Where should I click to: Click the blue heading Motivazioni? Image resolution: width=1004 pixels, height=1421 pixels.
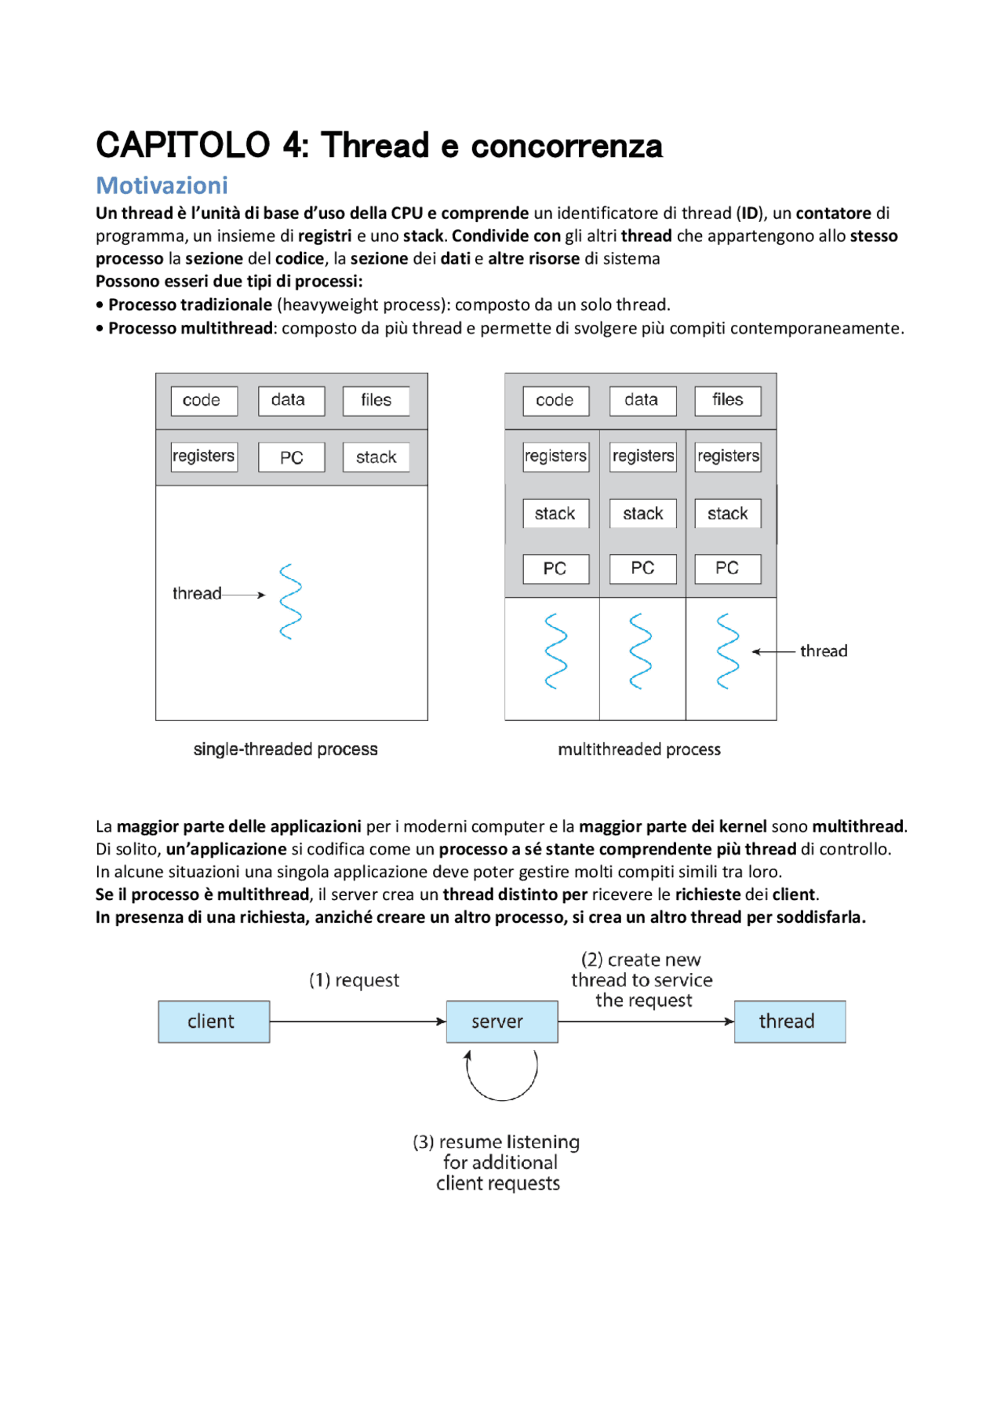click(x=162, y=185)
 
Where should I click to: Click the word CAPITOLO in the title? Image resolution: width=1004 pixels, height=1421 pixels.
click(x=183, y=146)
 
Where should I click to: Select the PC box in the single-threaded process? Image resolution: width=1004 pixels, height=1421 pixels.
click(x=291, y=457)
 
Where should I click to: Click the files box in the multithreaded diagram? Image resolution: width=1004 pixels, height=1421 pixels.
click(x=727, y=400)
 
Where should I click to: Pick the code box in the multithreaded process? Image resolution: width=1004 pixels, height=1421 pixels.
click(x=555, y=400)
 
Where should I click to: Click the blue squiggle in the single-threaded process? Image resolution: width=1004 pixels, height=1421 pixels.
click(x=291, y=601)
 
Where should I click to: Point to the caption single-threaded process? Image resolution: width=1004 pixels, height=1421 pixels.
click(x=286, y=749)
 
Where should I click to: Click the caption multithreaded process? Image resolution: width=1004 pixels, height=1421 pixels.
click(x=639, y=749)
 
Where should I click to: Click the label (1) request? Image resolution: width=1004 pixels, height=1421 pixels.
click(x=354, y=980)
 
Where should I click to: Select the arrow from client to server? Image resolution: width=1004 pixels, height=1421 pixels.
click(x=358, y=1022)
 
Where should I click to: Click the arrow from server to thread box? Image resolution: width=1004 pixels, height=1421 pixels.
click(x=646, y=1022)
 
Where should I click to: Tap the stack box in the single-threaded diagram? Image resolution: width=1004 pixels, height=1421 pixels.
click(x=376, y=457)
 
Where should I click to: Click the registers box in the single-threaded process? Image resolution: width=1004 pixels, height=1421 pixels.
click(x=204, y=456)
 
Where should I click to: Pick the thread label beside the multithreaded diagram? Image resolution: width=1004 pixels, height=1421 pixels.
click(x=824, y=651)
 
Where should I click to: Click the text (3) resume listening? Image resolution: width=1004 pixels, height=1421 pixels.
click(x=497, y=1142)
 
